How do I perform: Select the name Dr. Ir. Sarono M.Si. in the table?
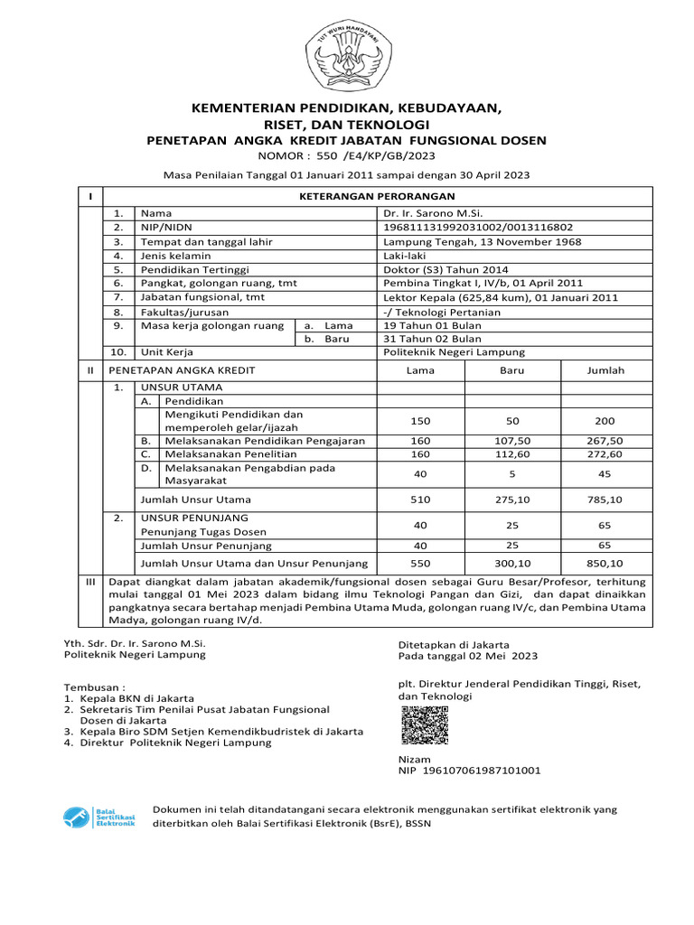pyautogui.click(x=433, y=213)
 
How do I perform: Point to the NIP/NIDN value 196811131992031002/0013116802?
pyautogui.click(x=478, y=228)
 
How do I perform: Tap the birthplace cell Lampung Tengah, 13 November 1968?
pyautogui.click(x=482, y=242)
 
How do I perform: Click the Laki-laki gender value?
pyautogui.click(x=405, y=256)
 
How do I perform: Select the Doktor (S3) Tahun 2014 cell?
pyautogui.click(x=445, y=269)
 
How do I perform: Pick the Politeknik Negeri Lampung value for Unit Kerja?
pyautogui.click(x=454, y=352)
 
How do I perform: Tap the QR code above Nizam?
pyautogui.click(x=424, y=725)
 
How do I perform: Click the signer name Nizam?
pyautogui.click(x=415, y=760)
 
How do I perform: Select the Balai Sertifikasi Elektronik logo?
pyautogui.click(x=99, y=818)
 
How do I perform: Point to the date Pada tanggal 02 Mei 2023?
pyautogui.click(x=468, y=656)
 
